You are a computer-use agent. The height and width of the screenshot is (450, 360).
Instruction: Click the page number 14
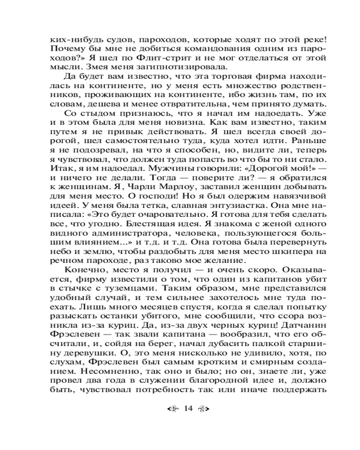pos(188,408)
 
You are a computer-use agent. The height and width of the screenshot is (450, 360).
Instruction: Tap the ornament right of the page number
pos(204,409)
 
